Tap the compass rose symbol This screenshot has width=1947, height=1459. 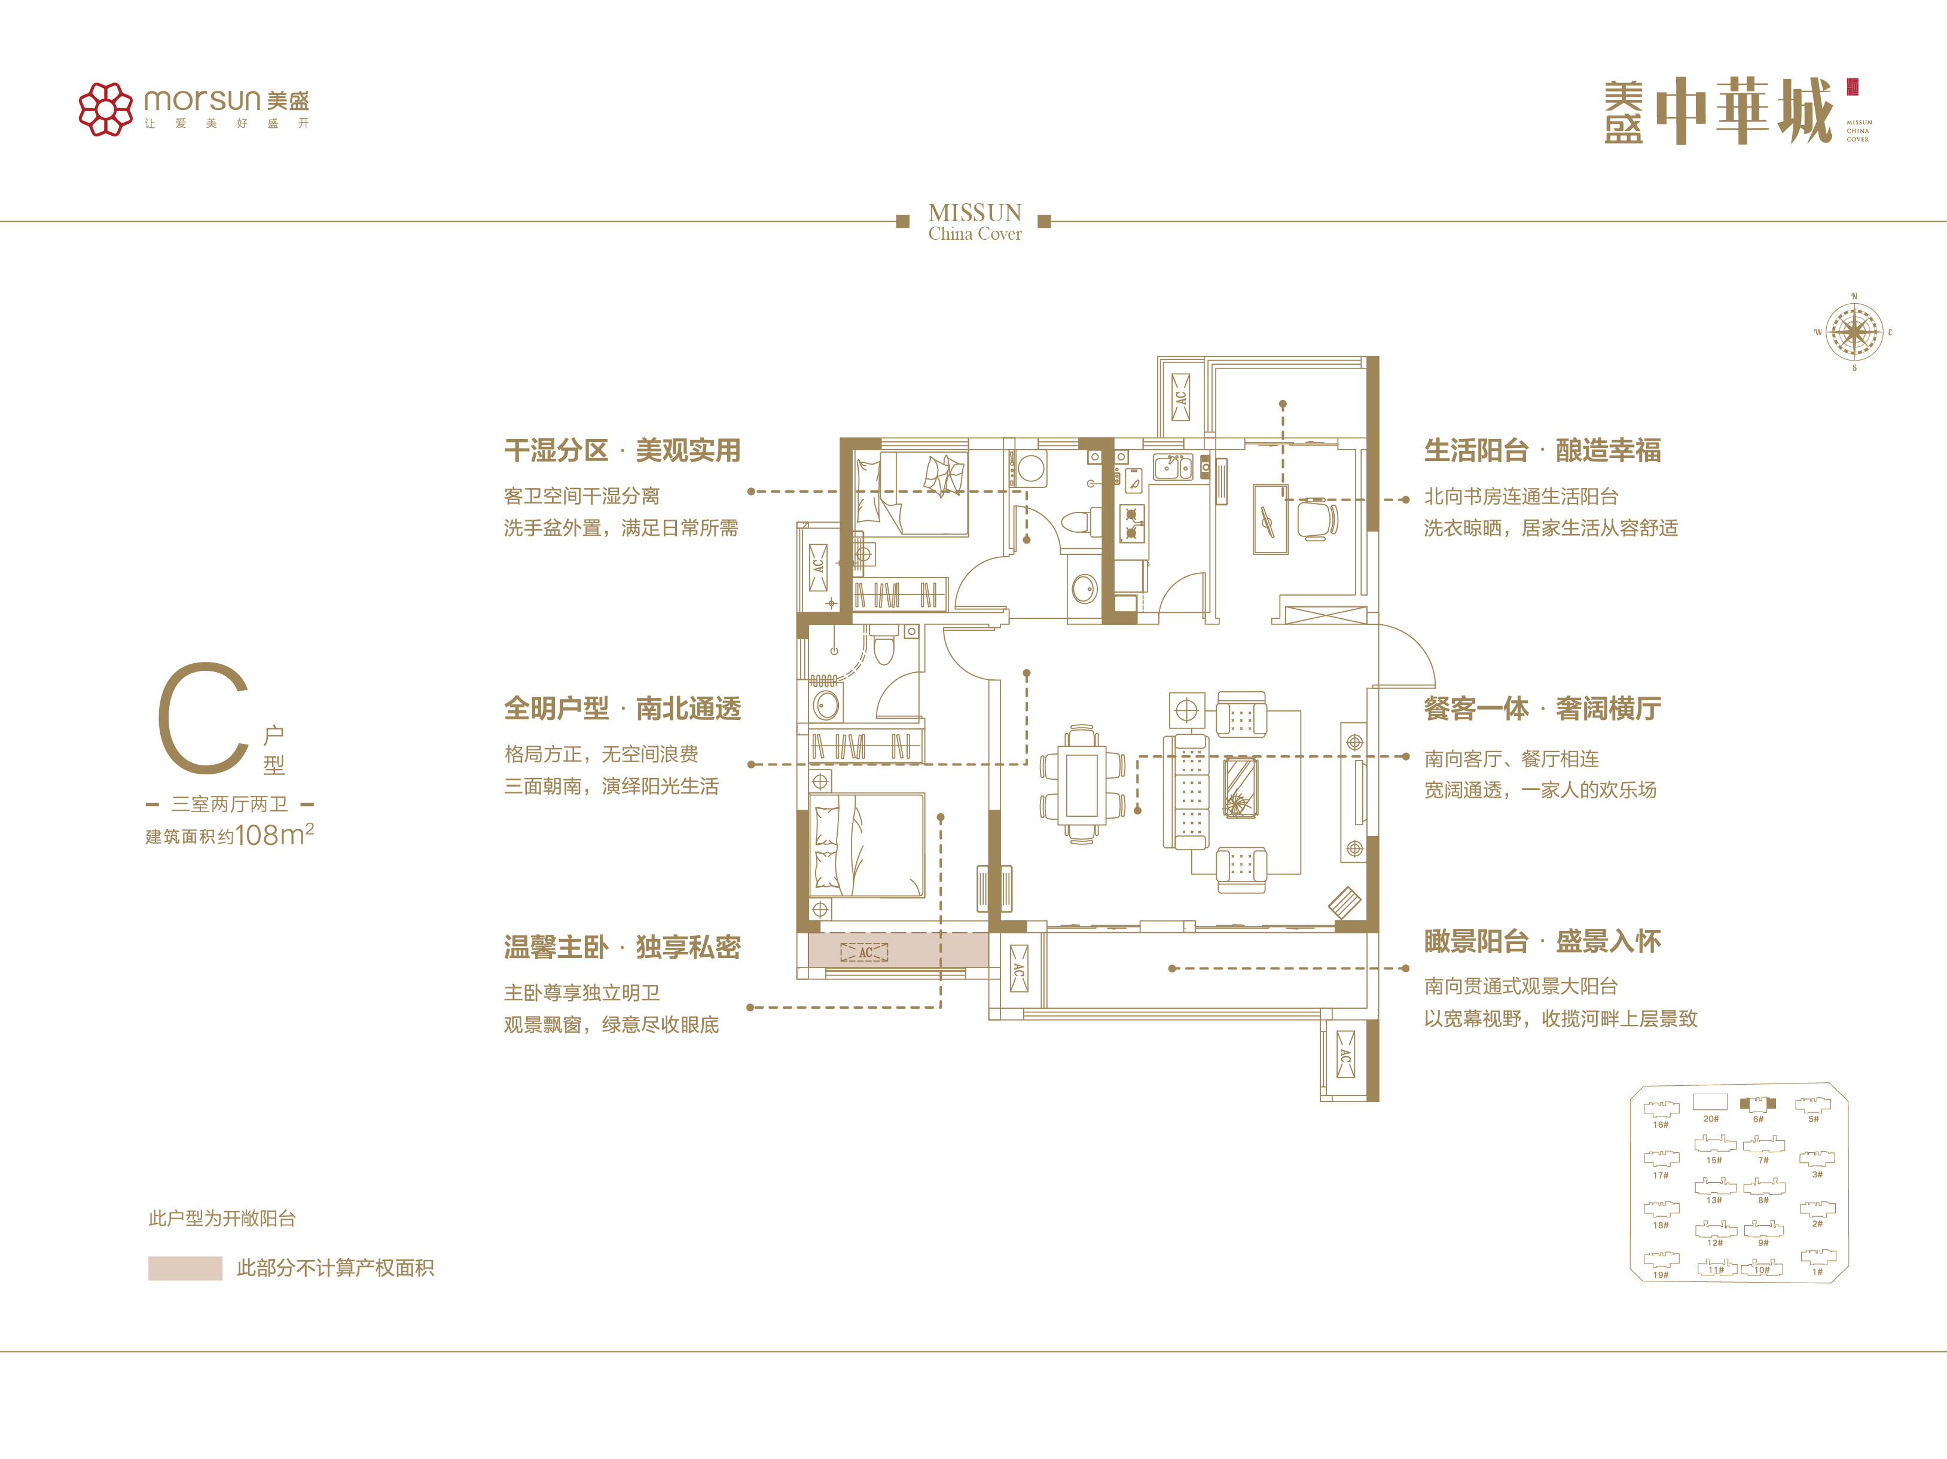(1854, 332)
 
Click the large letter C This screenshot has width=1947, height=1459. (203, 718)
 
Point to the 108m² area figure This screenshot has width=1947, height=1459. (274, 834)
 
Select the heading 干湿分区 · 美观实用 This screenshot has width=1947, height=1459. (622, 450)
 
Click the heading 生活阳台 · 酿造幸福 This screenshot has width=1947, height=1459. (1542, 450)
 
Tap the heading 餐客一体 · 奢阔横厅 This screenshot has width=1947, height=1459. (1542, 709)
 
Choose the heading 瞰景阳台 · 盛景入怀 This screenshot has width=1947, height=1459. (1542, 942)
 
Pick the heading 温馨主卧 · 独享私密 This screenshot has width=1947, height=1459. (622, 948)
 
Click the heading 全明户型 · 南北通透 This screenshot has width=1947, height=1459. (622, 709)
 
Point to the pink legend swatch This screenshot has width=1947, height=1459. (185, 1268)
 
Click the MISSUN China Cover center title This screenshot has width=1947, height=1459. (974, 222)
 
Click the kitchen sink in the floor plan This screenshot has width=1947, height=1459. (1173, 466)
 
